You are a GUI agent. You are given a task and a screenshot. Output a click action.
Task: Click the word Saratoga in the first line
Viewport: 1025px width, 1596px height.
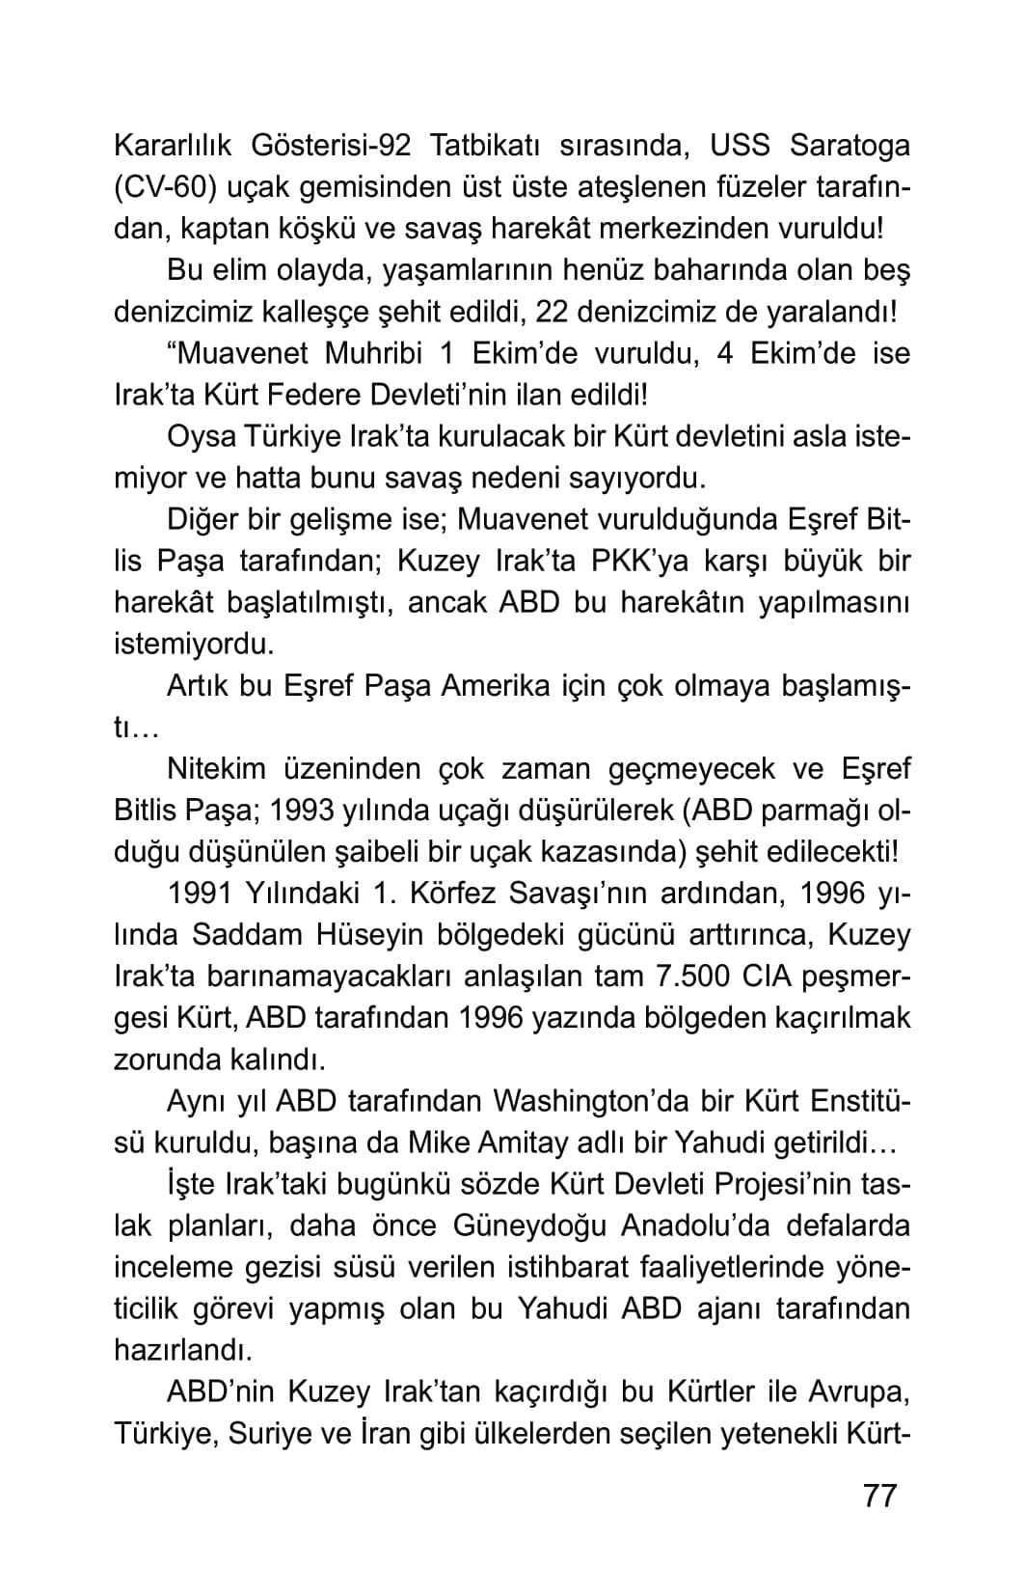click(x=850, y=146)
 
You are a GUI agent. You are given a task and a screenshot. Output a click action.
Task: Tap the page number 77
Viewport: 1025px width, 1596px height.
click(x=879, y=1496)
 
